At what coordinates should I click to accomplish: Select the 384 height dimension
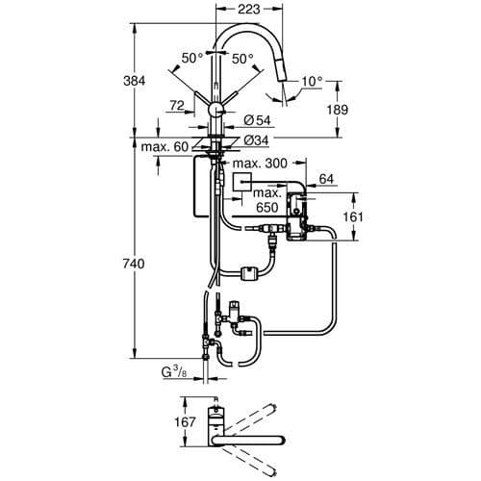pyautogui.click(x=134, y=81)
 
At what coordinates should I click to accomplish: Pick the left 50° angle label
pyautogui.click(x=191, y=59)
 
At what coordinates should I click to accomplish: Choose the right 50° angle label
pyautogui.click(x=240, y=59)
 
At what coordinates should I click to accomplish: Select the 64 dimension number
pyautogui.click(x=325, y=178)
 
